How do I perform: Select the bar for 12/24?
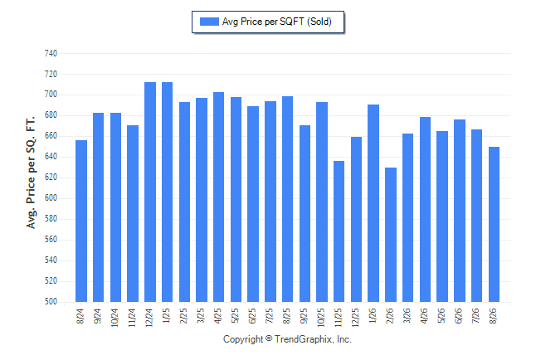coord(150,192)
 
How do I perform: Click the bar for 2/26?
coord(391,235)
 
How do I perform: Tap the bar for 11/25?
coord(339,231)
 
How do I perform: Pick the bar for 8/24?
coord(81,221)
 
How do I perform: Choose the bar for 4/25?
coord(219,197)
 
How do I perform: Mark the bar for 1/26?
coord(373,203)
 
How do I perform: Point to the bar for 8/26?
coord(494,224)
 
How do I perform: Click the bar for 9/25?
coord(305,214)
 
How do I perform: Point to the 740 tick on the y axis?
coord(51,53)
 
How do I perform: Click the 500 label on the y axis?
coord(51,302)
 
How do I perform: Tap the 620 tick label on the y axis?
coord(51,178)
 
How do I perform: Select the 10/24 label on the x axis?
coord(115,318)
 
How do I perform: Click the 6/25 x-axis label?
coord(252,316)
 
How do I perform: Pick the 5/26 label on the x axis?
coord(441,316)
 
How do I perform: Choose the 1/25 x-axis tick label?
coord(167,316)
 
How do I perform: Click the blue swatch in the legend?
coord(209,22)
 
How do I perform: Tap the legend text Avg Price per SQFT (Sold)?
coord(277,22)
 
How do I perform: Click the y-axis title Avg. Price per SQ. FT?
coord(31,173)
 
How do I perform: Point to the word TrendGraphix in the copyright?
coord(304,339)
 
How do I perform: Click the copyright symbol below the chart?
coord(269,338)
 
